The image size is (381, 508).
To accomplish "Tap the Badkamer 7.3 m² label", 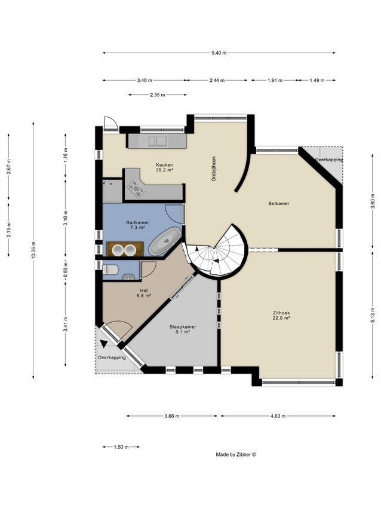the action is [137, 225].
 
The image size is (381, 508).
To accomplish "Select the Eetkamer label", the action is [279, 203].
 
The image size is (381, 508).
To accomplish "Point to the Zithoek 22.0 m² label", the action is [281, 315].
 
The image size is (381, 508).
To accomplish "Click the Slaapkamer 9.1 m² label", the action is [183, 329].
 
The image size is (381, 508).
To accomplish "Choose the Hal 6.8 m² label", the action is [144, 293].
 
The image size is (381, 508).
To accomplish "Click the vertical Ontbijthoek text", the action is [214, 169].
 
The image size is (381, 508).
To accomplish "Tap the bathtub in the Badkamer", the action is [165, 241].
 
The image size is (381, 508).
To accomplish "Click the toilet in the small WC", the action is [110, 269].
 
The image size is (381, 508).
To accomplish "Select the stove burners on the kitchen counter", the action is [136, 188].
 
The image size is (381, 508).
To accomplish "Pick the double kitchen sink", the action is [158, 141].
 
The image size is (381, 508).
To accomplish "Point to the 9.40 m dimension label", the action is [219, 53].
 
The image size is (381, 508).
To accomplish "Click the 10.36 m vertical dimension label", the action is [33, 250].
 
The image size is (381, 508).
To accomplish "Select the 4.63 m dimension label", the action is [278, 416].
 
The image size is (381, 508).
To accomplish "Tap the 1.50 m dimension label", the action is [121, 447].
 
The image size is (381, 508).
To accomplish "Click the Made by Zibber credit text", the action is [236, 455].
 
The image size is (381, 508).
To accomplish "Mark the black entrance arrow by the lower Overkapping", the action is [103, 344].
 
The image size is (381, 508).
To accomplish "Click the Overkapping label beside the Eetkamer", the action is [328, 160].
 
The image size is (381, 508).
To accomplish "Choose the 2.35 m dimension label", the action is [157, 95].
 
